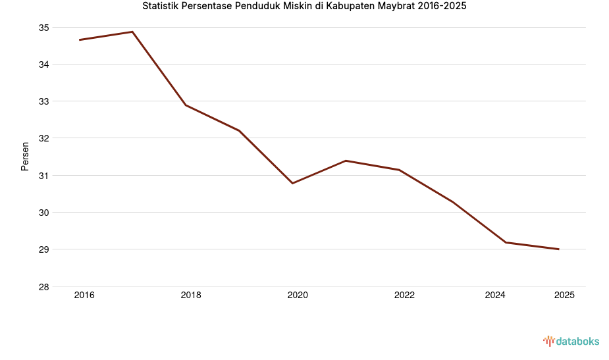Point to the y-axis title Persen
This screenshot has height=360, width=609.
coord(25,156)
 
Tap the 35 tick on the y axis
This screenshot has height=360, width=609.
coord(44,28)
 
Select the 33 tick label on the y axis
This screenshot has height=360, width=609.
coord(44,102)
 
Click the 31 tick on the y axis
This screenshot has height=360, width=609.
coord(44,176)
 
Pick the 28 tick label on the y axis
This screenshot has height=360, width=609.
coord(44,287)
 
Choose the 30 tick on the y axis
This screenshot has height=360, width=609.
coord(44,213)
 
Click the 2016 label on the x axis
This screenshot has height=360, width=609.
coord(84,296)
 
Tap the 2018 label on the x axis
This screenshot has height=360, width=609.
coord(191,296)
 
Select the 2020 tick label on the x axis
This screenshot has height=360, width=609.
coord(298,296)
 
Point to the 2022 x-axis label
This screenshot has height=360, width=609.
coord(404,296)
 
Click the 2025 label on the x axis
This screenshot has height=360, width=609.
coord(564,296)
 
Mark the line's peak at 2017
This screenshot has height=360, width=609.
coord(132,32)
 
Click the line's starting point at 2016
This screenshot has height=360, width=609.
coord(80,39)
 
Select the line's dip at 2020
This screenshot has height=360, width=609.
coord(292,183)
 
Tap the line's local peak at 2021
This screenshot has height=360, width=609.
coord(346,161)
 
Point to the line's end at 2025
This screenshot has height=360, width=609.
coord(558,249)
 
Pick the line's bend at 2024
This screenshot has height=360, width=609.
coord(506,242)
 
